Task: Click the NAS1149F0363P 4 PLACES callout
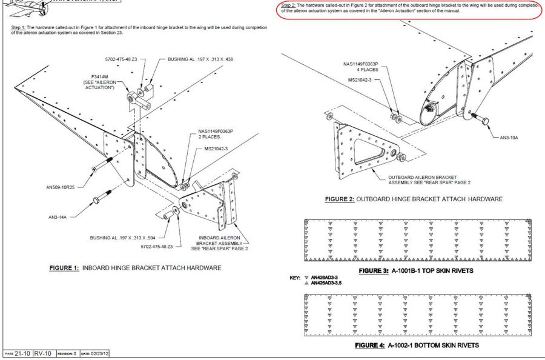[x=361, y=66]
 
